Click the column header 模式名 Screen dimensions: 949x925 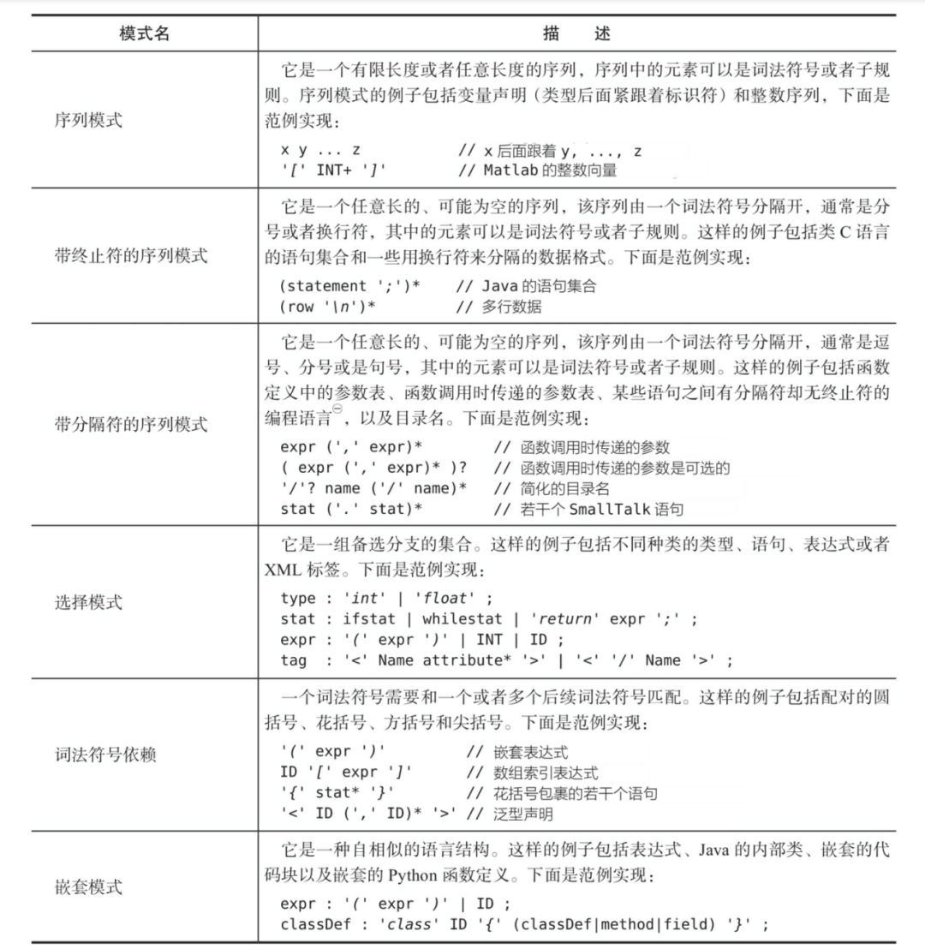(144, 33)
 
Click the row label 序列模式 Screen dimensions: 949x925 (87, 120)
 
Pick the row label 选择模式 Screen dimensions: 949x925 (87, 602)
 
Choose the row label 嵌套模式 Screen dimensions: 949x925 (87, 886)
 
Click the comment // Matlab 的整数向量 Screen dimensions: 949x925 (537, 170)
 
